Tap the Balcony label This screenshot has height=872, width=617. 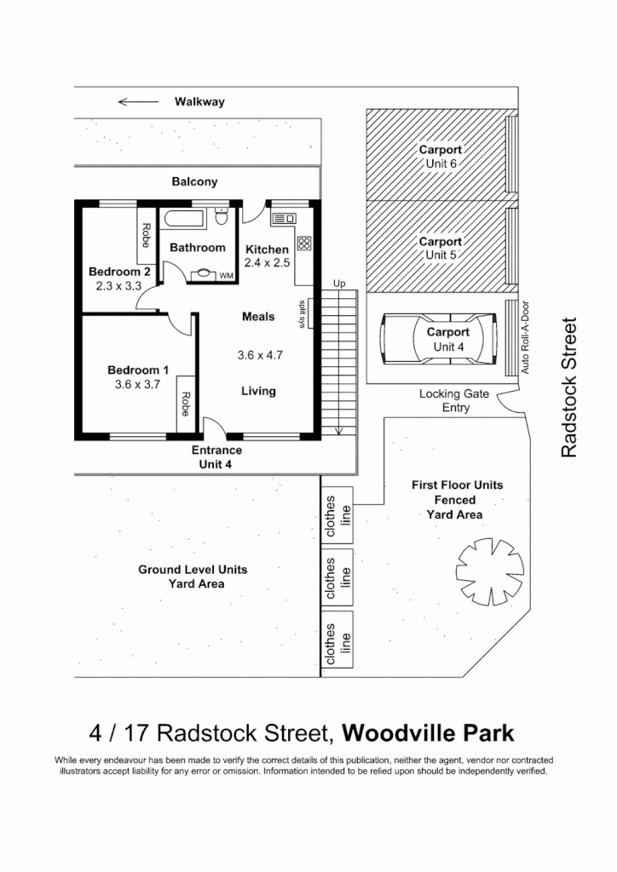tap(194, 181)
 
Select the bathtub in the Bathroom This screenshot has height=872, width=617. tap(183, 219)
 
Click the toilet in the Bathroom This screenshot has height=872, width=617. tap(222, 218)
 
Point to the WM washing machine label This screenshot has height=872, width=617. tap(226, 276)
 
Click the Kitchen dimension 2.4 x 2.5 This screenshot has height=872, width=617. tap(268, 263)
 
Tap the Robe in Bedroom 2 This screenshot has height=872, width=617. tap(146, 236)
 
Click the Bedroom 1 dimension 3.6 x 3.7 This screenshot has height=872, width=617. tap(137, 385)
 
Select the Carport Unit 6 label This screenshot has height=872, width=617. tap(441, 157)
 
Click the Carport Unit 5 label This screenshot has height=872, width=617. tap(441, 248)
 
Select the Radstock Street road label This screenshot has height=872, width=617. tap(569, 387)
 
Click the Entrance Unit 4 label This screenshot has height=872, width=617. tap(216, 457)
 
